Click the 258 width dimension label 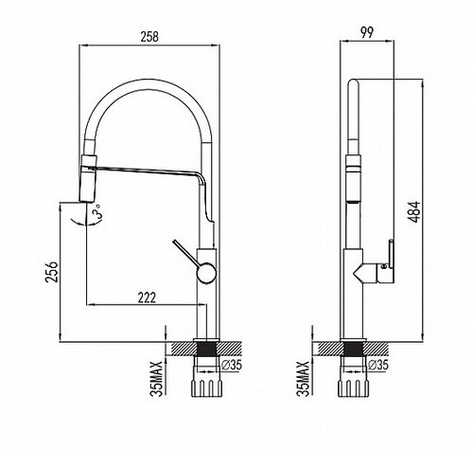point(149,37)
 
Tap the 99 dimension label point(367,33)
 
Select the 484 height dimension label point(414,211)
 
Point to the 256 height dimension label point(52,271)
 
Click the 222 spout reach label point(147,297)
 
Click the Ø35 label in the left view point(231,365)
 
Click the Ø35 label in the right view point(378,365)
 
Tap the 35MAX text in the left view point(156,379)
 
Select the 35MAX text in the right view point(304,379)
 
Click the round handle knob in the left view point(206,272)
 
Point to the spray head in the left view point(88,178)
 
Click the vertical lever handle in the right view point(391,254)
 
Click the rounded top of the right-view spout point(354,81)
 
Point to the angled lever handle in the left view point(186,254)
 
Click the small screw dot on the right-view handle point(384,265)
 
